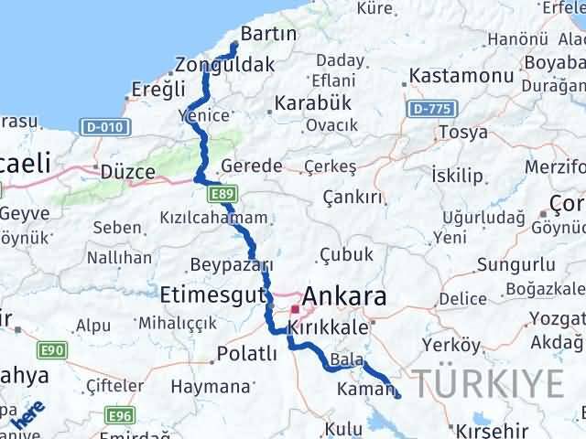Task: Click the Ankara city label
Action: pyautogui.click(x=343, y=296)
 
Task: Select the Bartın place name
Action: pyautogui.click(x=267, y=34)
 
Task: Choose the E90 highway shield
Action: pyautogui.click(x=53, y=349)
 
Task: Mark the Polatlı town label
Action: pyautogui.click(x=246, y=354)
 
